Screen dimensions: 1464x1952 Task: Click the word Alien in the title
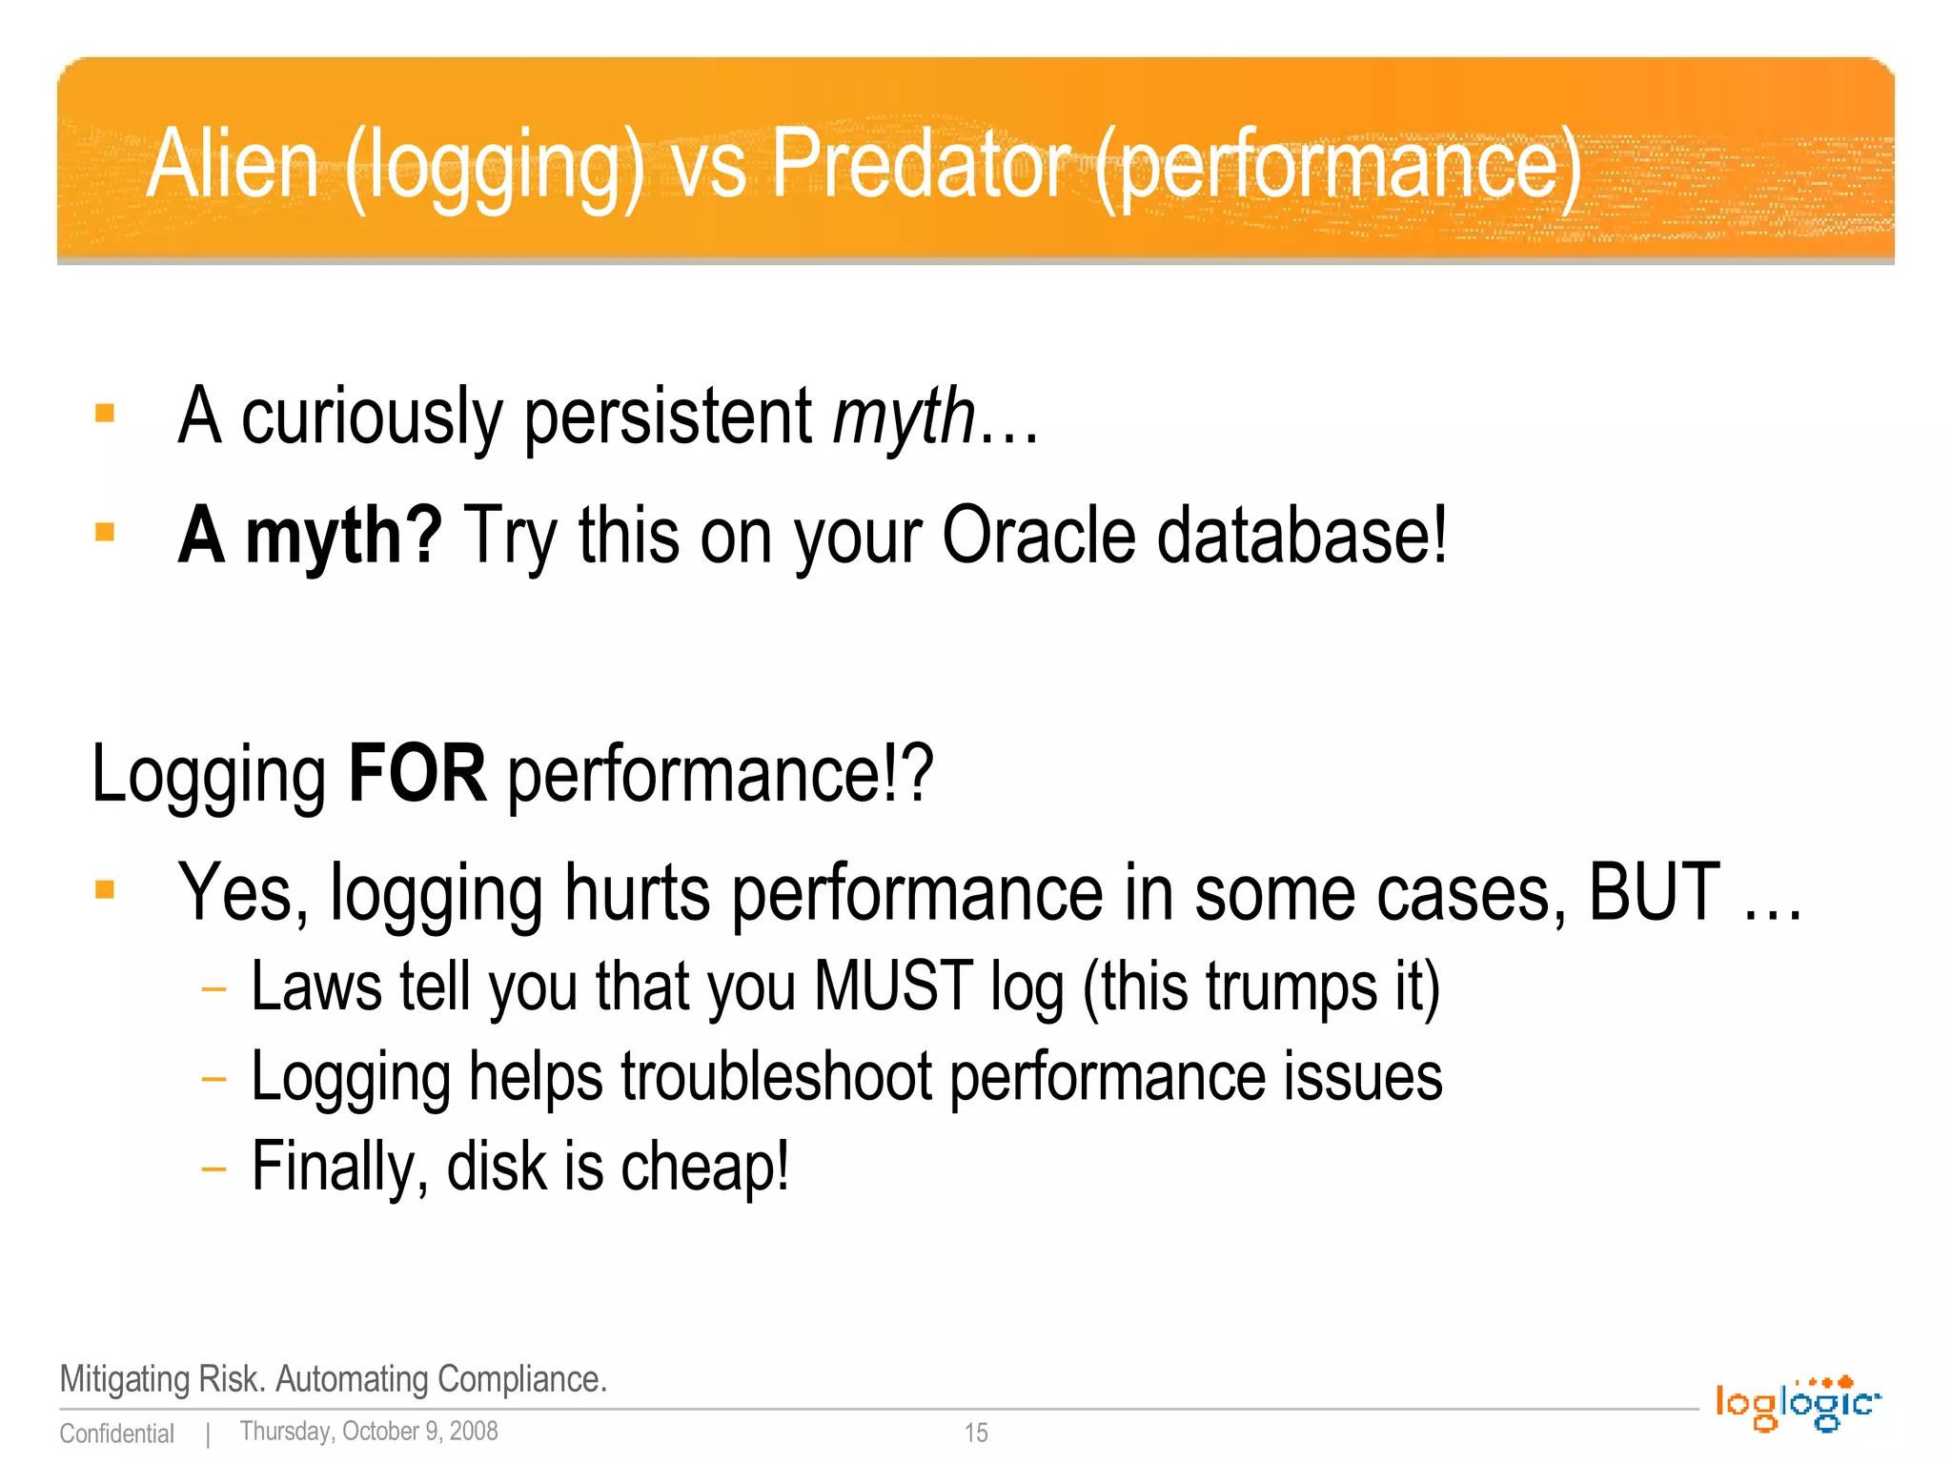[232, 165]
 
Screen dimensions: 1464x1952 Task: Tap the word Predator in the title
[921, 165]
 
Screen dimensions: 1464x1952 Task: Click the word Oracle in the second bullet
[1038, 536]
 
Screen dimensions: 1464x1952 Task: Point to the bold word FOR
[417, 773]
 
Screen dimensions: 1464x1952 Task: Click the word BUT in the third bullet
[1655, 893]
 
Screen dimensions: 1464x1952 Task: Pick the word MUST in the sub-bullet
[893, 986]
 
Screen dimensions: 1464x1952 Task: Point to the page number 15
[976, 1433]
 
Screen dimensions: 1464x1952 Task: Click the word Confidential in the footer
[117, 1433]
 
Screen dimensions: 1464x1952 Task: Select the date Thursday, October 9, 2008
[369, 1432]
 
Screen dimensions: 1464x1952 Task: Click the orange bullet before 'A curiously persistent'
[105, 414]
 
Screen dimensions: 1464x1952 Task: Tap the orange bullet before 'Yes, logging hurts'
[105, 890]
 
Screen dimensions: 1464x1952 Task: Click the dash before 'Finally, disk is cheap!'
[214, 1168]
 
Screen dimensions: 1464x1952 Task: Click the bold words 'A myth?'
[310, 536]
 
